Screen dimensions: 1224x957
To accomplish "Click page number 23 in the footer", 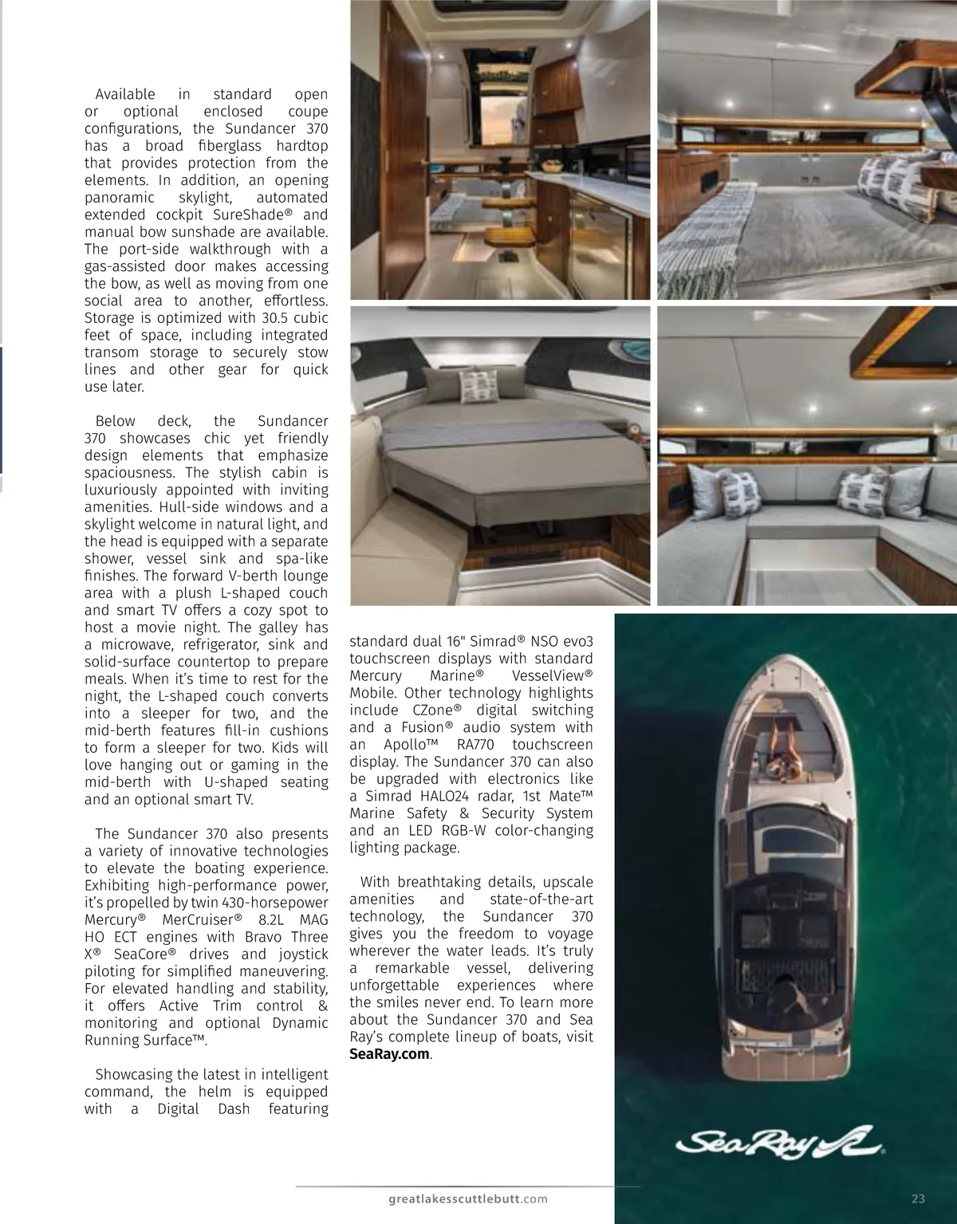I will (x=917, y=1198).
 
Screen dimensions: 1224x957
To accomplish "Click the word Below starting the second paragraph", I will (x=115, y=421).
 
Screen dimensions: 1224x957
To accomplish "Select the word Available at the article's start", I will (x=124, y=94).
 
